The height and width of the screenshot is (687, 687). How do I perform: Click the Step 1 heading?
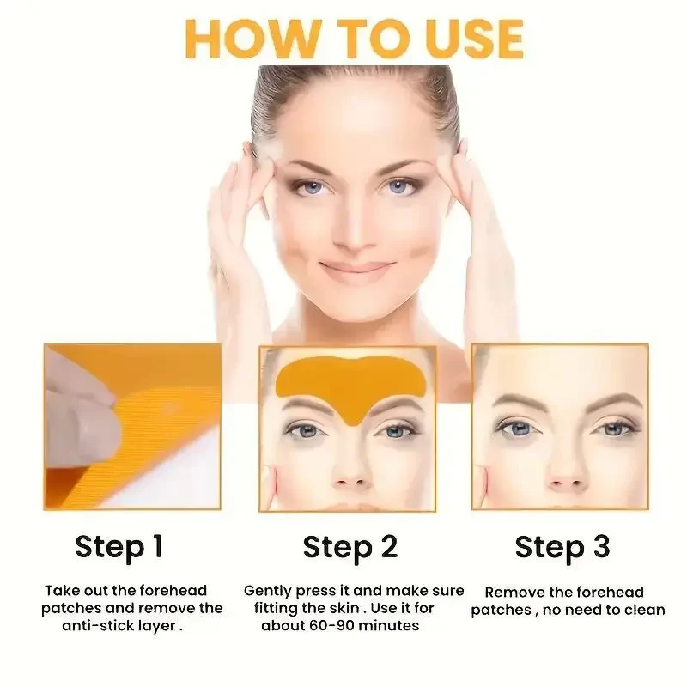coord(119,546)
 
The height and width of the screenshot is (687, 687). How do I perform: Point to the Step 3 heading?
coord(562,546)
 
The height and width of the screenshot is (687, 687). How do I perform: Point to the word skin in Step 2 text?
coord(337,608)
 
